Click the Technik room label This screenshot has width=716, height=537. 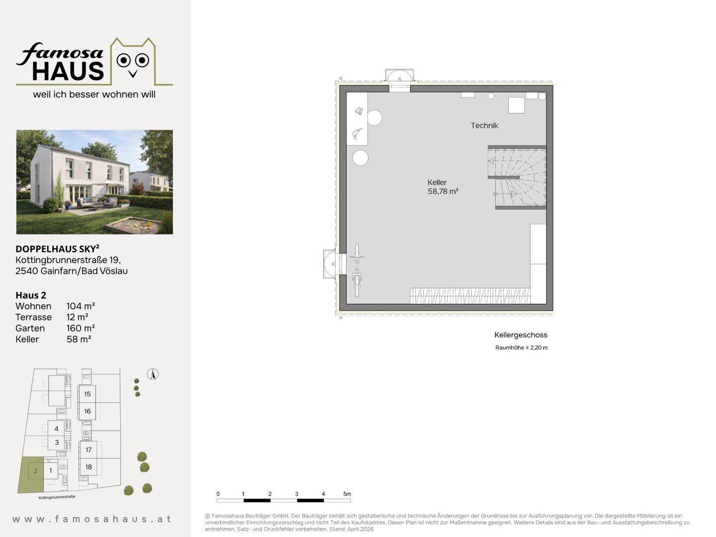(x=484, y=125)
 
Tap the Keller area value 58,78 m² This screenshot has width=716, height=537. (x=443, y=191)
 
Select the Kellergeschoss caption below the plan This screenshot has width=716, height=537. (x=521, y=335)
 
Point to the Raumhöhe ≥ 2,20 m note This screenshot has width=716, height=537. (x=521, y=348)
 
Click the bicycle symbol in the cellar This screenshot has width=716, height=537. (x=357, y=270)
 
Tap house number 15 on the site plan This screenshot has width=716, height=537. (x=88, y=394)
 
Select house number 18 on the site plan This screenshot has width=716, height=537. (x=89, y=467)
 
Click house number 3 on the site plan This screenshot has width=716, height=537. (x=57, y=443)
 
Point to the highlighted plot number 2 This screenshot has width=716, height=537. (x=36, y=470)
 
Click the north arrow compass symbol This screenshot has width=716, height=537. (x=153, y=374)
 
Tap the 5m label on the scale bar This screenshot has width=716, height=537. (x=347, y=494)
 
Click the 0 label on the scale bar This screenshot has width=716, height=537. (x=218, y=494)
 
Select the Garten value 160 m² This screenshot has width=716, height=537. (x=81, y=328)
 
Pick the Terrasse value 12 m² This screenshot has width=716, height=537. (x=77, y=317)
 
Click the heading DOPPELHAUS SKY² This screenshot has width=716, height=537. (x=57, y=249)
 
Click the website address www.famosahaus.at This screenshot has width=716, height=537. (x=91, y=519)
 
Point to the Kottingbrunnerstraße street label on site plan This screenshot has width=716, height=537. (x=57, y=497)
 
